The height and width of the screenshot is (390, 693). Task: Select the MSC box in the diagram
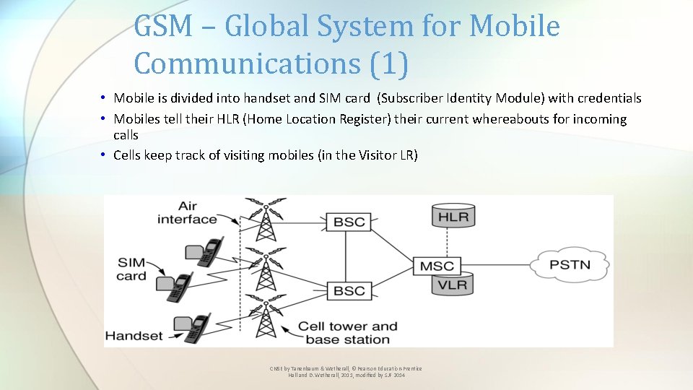(x=437, y=266)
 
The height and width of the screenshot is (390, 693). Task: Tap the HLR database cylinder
(x=453, y=215)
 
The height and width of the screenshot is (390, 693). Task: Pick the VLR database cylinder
(x=453, y=285)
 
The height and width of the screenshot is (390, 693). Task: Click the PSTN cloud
(x=570, y=264)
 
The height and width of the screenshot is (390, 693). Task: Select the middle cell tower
(x=266, y=269)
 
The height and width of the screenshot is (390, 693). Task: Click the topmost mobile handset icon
(x=206, y=249)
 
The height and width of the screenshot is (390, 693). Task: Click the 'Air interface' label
(x=187, y=212)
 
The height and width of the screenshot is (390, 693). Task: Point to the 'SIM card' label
(x=132, y=269)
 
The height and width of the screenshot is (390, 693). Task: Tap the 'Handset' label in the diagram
(x=135, y=335)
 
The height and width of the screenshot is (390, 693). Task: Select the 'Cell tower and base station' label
(x=347, y=333)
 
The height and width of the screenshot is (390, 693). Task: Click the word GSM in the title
(x=163, y=27)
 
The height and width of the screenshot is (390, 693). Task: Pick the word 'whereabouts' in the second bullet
(x=510, y=119)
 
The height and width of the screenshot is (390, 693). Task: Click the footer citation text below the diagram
(x=346, y=372)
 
